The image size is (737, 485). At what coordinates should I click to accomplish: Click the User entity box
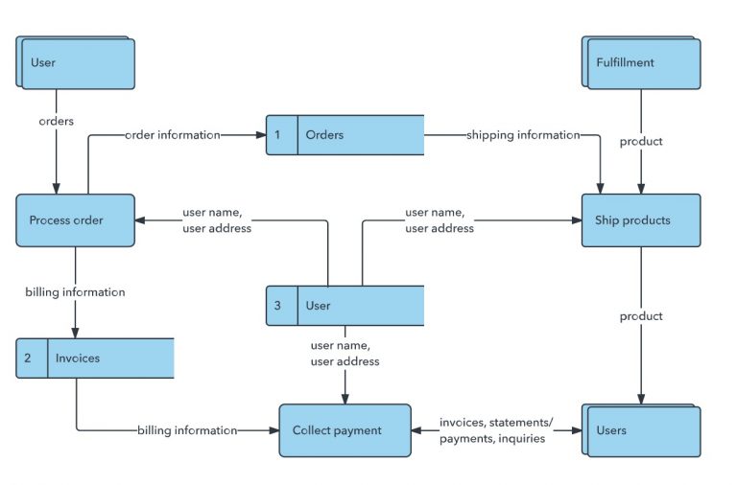(x=75, y=62)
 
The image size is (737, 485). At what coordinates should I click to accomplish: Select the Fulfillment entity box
(x=641, y=62)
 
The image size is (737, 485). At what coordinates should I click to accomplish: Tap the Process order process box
(x=75, y=220)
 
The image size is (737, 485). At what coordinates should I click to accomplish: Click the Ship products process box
(x=641, y=220)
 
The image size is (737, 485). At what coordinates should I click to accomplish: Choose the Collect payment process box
(x=345, y=430)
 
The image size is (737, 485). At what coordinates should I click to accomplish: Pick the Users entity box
(x=641, y=430)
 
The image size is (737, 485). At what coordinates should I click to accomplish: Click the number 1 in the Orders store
(x=277, y=135)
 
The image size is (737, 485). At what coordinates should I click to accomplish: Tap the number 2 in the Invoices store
(x=28, y=358)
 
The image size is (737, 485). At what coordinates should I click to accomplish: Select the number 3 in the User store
(x=277, y=306)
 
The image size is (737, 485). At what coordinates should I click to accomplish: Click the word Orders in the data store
(x=324, y=135)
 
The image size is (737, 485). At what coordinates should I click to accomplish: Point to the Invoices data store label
(x=78, y=358)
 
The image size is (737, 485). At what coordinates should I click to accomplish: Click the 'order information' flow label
(x=173, y=135)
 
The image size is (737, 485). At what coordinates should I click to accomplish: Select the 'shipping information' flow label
(x=523, y=135)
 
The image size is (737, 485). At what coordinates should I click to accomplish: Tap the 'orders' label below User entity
(x=57, y=121)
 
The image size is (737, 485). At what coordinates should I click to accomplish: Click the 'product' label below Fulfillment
(x=641, y=141)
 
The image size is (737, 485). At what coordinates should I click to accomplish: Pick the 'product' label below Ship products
(x=641, y=316)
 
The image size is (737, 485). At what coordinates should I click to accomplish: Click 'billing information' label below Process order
(x=75, y=292)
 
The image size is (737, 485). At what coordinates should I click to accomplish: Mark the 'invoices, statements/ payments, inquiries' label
(x=496, y=430)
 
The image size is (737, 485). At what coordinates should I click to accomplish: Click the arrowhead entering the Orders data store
(x=261, y=135)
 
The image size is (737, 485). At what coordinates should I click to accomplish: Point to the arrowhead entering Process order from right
(x=140, y=220)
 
